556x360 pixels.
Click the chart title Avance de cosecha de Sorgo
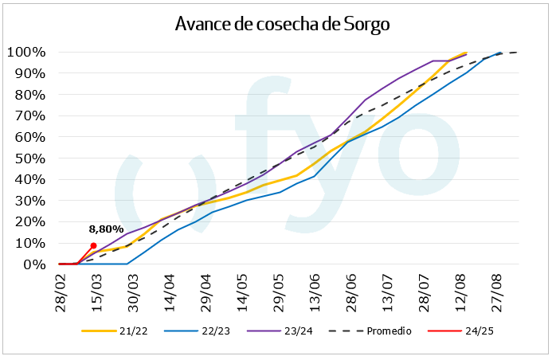click(282, 24)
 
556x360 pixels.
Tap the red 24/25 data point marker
click(94, 245)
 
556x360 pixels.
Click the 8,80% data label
click(106, 229)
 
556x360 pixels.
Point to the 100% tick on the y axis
click(26, 53)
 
